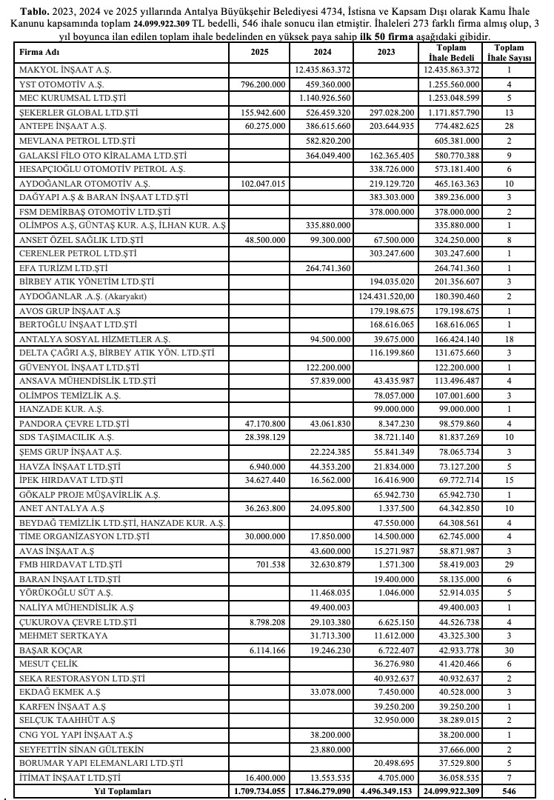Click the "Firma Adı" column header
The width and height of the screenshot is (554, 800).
[x=39, y=53]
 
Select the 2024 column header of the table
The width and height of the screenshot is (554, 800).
[x=321, y=53]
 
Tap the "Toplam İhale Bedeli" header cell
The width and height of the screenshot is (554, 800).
[x=450, y=53]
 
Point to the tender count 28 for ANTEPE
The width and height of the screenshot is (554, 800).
[x=510, y=127]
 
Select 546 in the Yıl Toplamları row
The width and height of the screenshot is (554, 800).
[x=510, y=790]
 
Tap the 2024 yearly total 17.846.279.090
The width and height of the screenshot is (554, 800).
[x=322, y=790]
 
